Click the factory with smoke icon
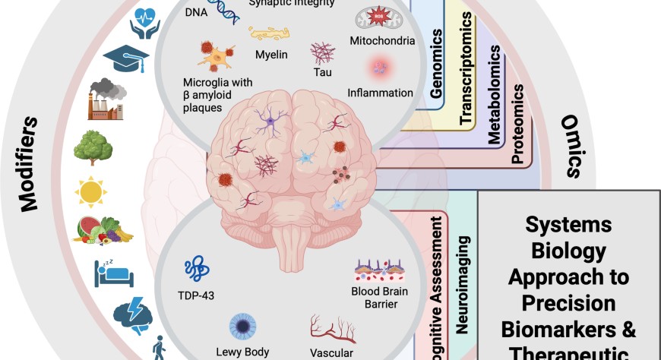coord(106,99)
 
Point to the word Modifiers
coord(28,163)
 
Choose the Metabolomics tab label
coord(494,95)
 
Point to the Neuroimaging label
coord(462,284)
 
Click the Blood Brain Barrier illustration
coord(383,273)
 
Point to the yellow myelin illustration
coord(270,33)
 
